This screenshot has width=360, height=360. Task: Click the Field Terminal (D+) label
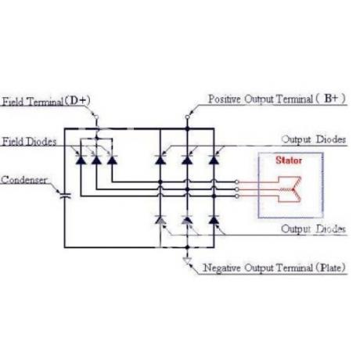click(x=46, y=101)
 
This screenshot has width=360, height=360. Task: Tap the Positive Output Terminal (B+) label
click(x=277, y=99)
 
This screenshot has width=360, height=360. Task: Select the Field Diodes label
click(x=29, y=142)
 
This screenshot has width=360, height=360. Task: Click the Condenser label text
click(x=24, y=180)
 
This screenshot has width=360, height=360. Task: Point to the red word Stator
click(x=289, y=160)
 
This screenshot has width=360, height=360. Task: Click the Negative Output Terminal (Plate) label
click(x=275, y=268)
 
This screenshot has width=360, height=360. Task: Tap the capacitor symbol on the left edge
click(x=65, y=196)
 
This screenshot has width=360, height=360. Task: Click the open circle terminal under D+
click(x=96, y=117)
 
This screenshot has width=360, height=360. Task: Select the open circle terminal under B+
click(x=187, y=117)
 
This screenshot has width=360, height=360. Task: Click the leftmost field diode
click(x=81, y=160)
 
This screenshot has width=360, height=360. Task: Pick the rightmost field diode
click(x=112, y=160)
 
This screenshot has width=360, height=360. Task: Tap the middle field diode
click(x=96, y=160)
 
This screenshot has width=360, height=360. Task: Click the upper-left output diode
click(x=160, y=160)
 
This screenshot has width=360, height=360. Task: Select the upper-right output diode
click(x=214, y=160)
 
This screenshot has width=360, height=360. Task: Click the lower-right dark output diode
click(x=214, y=220)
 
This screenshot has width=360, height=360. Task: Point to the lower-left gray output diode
click(x=160, y=220)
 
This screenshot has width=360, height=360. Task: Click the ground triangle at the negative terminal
click(x=187, y=261)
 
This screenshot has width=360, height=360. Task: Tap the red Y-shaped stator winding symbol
click(x=290, y=189)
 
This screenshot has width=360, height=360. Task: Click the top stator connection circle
click(x=237, y=182)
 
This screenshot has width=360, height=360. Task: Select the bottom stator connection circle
click(x=237, y=196)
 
